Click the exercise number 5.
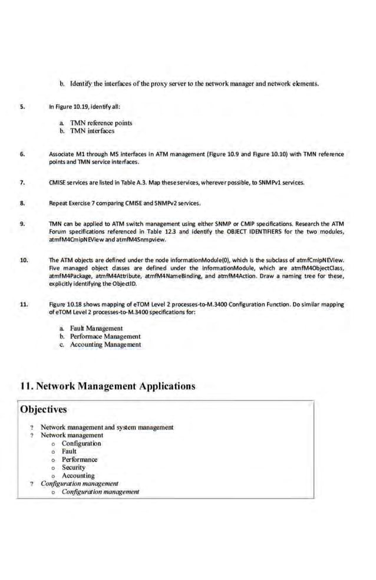click(22, 107)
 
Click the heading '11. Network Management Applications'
click(107, 386)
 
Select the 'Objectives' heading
click(43, 409)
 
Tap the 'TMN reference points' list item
click(101, 123)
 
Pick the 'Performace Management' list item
click(105, 337)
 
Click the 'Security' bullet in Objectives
click(74, 467)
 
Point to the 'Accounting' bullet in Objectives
click(78, 476)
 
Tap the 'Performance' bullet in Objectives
click(80, 459)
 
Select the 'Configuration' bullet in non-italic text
click(81, 443)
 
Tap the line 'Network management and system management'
click(107, 427)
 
